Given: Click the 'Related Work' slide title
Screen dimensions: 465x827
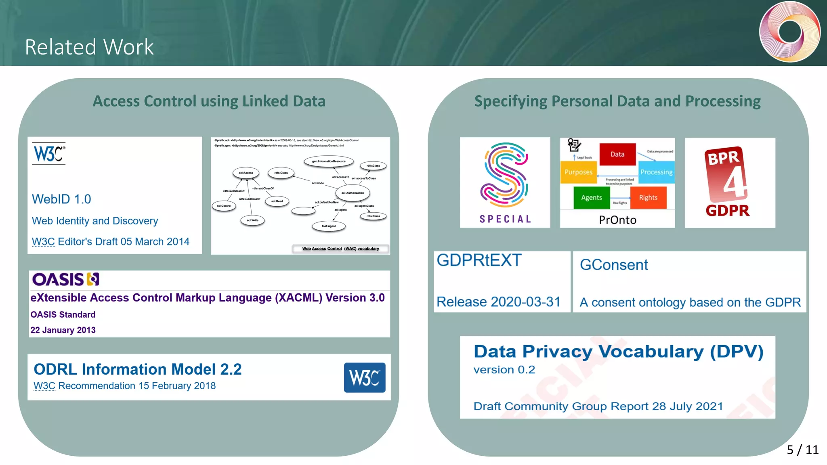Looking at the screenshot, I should pos(89,47).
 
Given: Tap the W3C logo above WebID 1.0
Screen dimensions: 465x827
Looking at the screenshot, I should pos(49,153).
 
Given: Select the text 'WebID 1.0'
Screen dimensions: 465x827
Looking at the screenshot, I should pos(61,199).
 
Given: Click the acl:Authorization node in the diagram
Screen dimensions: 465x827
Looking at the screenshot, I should pos(353,193).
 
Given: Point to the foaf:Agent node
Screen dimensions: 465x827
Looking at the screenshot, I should pos(329,226).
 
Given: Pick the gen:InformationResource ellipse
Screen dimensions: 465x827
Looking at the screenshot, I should pos(329,161).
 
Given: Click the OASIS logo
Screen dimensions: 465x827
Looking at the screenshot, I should pos(66,279).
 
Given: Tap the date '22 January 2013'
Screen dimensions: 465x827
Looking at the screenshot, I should pos(63,330).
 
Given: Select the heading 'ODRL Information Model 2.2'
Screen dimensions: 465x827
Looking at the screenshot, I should pos(138,369).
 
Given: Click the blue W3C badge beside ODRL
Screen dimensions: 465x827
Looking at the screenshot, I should pos(364,377).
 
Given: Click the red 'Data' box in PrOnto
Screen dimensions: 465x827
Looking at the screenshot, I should pos(617,154).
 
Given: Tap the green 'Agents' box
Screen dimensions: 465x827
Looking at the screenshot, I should pos(592,197).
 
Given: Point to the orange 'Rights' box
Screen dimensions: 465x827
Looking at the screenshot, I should pos(648,197).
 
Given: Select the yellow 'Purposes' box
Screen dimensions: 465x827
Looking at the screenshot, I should pos(578,172).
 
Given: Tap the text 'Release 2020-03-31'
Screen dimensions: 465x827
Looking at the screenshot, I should pos(499,302).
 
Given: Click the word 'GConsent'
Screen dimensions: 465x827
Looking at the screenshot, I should pos(614,265).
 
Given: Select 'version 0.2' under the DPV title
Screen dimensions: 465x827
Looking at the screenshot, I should pos(504,370).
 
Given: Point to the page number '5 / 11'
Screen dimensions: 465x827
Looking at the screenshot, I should pos(802,450).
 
